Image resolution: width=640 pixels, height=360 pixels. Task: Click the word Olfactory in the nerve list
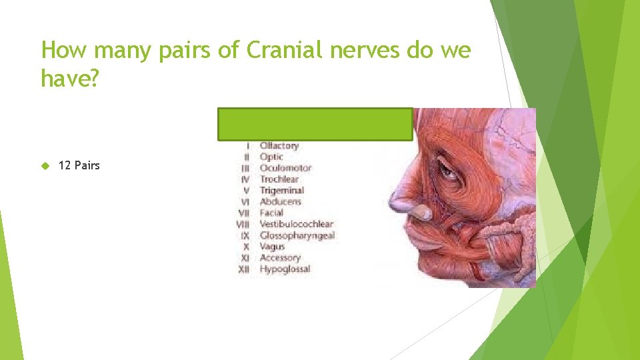(279, 146)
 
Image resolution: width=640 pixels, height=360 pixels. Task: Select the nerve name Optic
(271, 157)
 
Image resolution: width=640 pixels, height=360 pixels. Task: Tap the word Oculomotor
(285, 168)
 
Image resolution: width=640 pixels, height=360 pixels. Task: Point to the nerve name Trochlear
(279, 179)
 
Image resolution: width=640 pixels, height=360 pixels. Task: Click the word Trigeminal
(281, 191)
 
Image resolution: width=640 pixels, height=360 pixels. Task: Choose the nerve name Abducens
(280, 201)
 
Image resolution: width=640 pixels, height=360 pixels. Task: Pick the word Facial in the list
(271, 213)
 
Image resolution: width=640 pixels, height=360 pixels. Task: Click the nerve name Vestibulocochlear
(296, 224)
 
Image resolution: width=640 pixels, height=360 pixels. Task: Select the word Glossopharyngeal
(297, 235)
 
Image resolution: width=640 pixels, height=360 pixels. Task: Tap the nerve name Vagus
(272, 247)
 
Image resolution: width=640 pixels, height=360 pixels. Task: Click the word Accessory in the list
(280, 258)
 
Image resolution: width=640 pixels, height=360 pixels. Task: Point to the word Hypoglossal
(285, 269)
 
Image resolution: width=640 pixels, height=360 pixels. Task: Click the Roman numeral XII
(244, 269)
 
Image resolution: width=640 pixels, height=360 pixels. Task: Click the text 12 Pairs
(79, 165)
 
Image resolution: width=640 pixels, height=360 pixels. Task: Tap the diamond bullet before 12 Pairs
(45, 165)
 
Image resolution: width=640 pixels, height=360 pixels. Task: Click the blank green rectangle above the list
(315, 124)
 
